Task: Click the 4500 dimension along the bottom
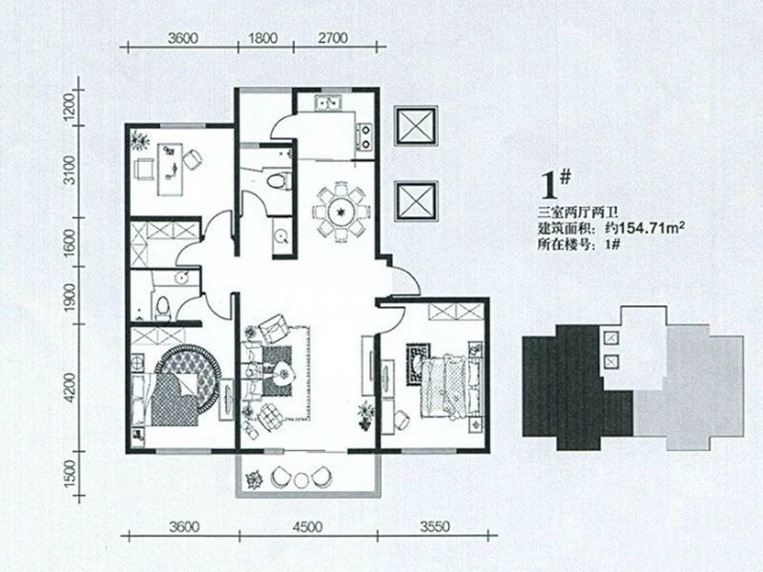(x=308, y=527)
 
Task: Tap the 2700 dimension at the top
(x=333, y=38)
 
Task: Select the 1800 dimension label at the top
(x=263, y=38)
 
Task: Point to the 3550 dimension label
(x=435, y=527)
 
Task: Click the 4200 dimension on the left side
(x=71, y=388)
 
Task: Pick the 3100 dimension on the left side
(x=71, y=170)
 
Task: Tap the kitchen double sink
(x=329, y=104)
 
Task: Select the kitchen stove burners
(x=365, y=136)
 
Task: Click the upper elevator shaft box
(x=416, y=126)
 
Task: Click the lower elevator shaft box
(x=416, y=201)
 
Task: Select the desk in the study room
(x=170, y=170)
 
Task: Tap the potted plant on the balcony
(x=254, y=480)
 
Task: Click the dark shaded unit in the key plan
(x=578, y=388)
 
